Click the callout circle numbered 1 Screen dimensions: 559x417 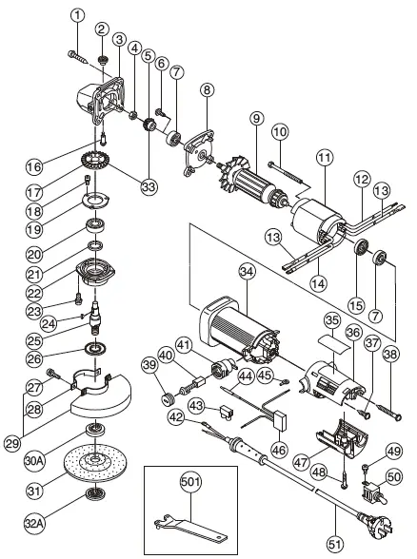[77, 14]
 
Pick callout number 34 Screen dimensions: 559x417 [246, 272]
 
